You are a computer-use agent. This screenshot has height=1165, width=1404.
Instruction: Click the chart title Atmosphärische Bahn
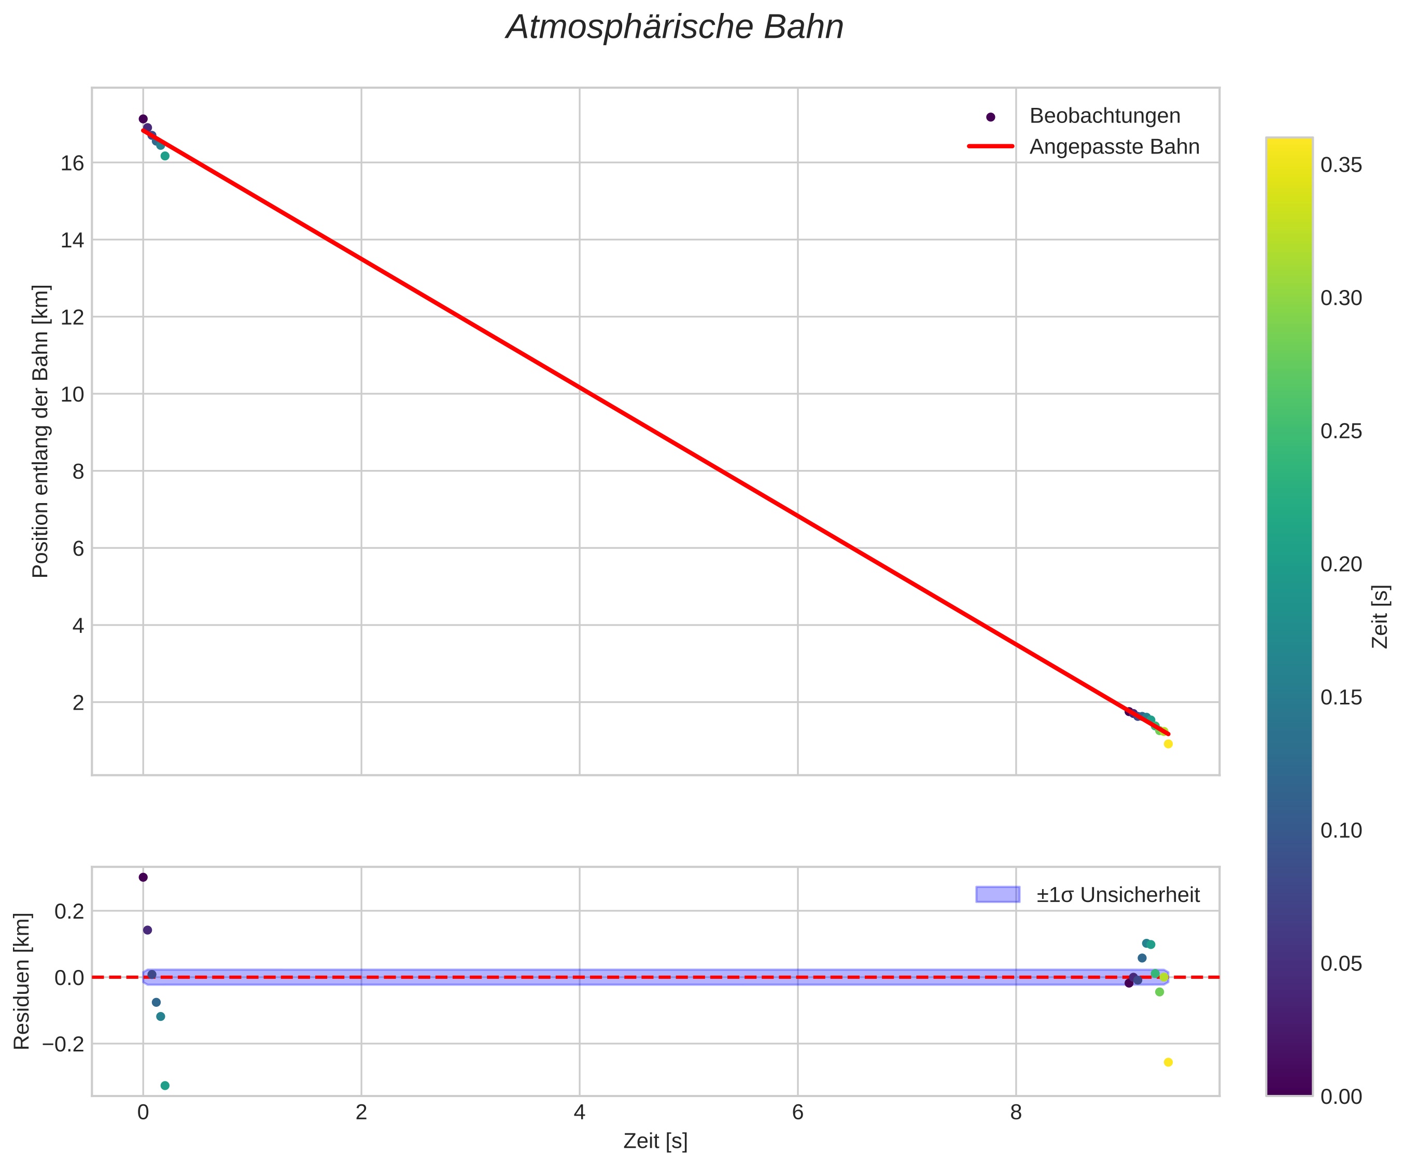(x=675, y=27)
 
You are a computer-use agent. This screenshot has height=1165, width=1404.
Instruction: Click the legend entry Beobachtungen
(x=1104, y=116)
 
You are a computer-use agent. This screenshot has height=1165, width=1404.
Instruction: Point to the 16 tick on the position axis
(x=72, y=163)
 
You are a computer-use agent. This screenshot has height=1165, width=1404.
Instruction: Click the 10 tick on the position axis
(x=72, y=395)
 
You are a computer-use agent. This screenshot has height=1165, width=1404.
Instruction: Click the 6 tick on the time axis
(x=797, y=1113)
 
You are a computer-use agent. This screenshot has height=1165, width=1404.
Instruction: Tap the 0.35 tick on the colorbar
(x=1341, y=165)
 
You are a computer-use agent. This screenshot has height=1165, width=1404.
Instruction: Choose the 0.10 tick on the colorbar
(x=1341, y=830)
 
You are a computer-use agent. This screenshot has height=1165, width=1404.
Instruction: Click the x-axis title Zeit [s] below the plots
(x=655, y=1142)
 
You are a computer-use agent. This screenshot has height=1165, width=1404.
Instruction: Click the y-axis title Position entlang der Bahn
(x=41, y=432)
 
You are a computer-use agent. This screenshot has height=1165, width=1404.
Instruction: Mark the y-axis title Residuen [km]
(x=22, y=980)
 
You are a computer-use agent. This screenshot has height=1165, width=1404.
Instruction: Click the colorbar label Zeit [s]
(x=1381, y=617)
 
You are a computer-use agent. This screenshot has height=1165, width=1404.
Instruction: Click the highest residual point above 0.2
(x=143, y=878)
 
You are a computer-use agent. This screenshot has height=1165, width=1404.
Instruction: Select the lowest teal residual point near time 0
(x=165, y=1086)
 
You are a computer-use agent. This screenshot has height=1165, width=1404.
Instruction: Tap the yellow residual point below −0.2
(x=1168, y=1062)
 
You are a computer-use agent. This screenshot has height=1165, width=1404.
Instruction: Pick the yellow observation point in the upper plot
(x=1168, y=744)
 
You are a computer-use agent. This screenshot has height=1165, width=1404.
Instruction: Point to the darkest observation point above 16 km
(x=143, y=119)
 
